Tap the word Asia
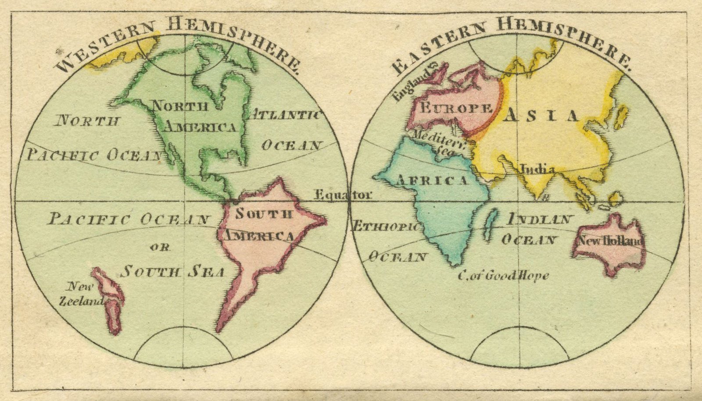(542, 116)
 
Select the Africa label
(432, 181)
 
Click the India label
(536, 169)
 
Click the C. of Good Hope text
(503, 276)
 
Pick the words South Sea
(173, 272)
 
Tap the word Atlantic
(285, 115)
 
